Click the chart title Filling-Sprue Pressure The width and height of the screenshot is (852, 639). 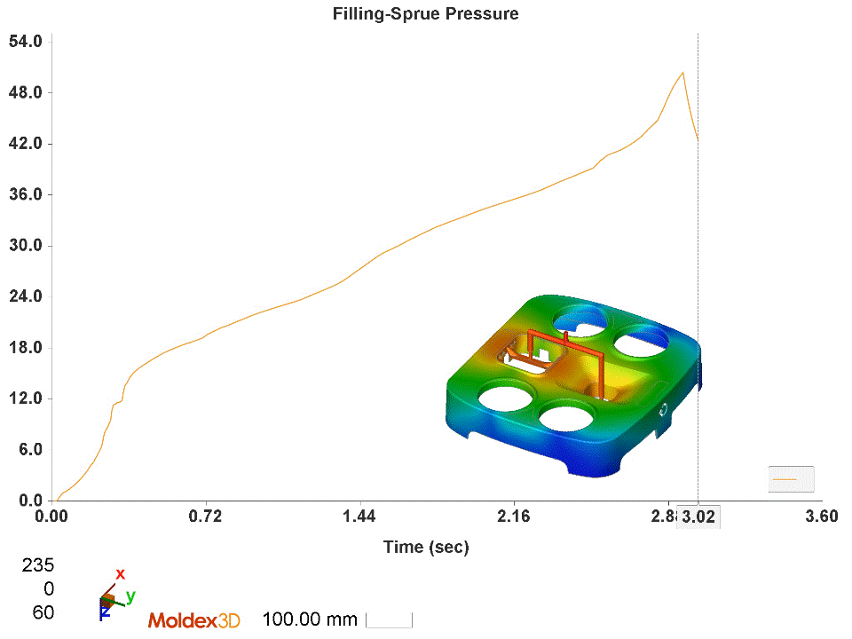click(x=425, y=13)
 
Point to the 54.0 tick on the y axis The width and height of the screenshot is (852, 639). click(x=25, y=42)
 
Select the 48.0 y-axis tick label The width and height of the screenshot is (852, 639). click(x=25, y=93)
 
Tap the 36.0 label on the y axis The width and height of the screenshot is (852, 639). click(x=25, y=195)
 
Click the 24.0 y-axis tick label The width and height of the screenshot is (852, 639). click(x=25, y=296)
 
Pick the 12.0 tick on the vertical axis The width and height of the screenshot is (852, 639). click(x=25, y=398)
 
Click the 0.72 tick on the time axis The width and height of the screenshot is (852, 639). click(x=206, y=517)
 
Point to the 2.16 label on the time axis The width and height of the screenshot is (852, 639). click(x=513, y=517)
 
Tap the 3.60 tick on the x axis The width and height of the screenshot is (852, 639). click(x=820, y=517)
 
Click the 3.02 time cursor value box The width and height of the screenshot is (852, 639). click(x=698, y=517)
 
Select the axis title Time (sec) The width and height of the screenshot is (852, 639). click(x=426, y=547)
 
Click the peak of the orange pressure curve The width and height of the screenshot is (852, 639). click(x=682, y=73)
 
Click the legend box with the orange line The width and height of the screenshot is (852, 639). click(x=791, y=479)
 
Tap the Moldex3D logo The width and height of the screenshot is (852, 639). click(x=193, y=620)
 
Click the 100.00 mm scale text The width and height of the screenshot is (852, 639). click(x=310, y=619)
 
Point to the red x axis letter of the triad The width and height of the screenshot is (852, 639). click(x=121, y=573)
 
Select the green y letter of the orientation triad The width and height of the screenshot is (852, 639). click(x=130, y=596)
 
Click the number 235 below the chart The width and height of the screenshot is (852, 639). click(x=37, y=565)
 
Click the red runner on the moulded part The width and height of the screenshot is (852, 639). click(x=568, y=350)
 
